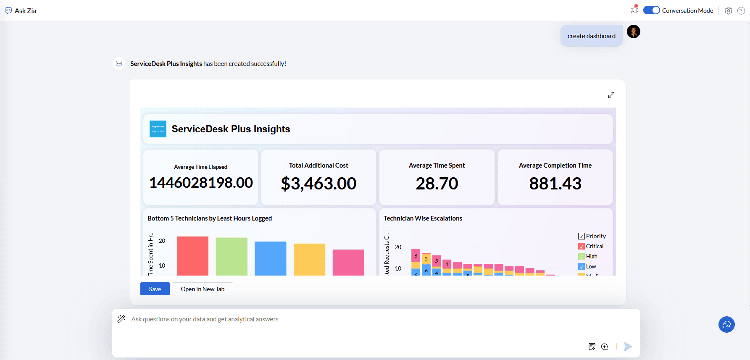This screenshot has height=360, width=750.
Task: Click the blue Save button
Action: pyautogui.click(x=155, y=289)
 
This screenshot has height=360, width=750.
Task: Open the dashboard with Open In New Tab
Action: pyautogui.click(x=203, y=289)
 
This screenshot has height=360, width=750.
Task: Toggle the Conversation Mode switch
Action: pyautogui.click(x=651, y=11)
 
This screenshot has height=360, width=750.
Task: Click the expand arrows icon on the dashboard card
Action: pyautogui.click(x=611, y=95)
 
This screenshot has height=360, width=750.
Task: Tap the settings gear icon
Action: pyautogui.click(x=729, y=11)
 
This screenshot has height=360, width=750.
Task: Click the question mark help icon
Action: pyautogui.click(x=741, y=11)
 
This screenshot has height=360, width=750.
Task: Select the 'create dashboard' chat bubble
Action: pyautogui.click(x=591, y=36)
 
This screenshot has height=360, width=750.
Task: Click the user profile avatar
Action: pyautogui.click(x=634, y=32)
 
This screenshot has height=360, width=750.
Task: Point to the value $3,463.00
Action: pyautogui.click(x=318, y=184)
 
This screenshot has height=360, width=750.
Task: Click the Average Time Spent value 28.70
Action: pyautogui.click(x=437, y=184)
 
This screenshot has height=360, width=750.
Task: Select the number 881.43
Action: pyautogui.click(x=555, y=184)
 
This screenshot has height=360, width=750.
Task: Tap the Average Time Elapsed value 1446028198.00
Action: pyautogui.click(x=201, y=183)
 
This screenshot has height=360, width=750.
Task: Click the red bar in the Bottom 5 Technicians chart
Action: pyautogui.click(x=192, y=256)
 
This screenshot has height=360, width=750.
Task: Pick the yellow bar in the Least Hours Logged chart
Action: pyautogui.click(x=309, y=259)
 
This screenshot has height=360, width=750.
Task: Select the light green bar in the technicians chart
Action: pyautogui.click(x=232, y=256)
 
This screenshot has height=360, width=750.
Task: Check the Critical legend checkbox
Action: pyautogui.click(x=582, y=247)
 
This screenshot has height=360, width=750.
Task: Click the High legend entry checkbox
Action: pyautogui.click(x=582, y=257)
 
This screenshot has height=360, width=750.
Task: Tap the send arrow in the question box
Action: pyautogui.click(x=628, y=347)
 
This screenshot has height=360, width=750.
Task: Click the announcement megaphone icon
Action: pyautogui.click(x=634, y=10)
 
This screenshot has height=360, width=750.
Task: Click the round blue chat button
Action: pyautogui.click(x=726, y=325)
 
